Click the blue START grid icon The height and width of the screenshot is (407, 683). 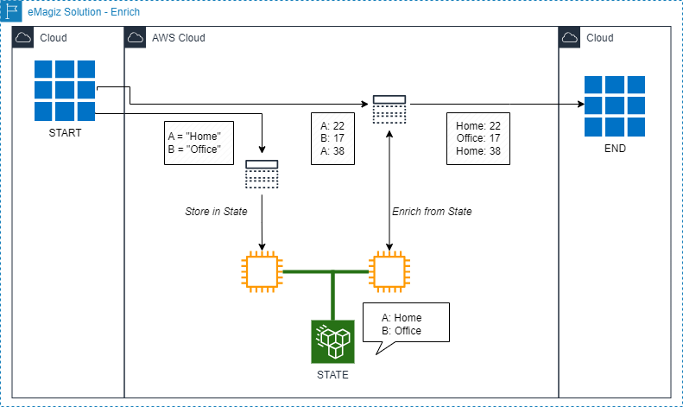(x=64, y=91)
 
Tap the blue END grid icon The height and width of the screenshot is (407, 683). (x=614, y=107)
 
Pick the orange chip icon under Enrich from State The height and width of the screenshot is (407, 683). (x=389, y=270)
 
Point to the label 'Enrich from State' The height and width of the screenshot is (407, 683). (x=432, y=212)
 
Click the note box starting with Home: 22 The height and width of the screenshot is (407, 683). (x=478, y=138)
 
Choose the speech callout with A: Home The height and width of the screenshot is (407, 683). (x=406, y=323)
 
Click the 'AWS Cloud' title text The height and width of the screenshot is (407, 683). (x=178, y=38)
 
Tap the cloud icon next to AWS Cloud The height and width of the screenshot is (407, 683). (x=136, y=38)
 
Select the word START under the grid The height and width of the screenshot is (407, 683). (x=64, y=134)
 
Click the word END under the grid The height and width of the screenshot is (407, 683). (x=614, y=149)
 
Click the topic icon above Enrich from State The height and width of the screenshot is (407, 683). (x=389, y=109)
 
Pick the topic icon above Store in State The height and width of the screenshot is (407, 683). (x=262, y=174)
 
